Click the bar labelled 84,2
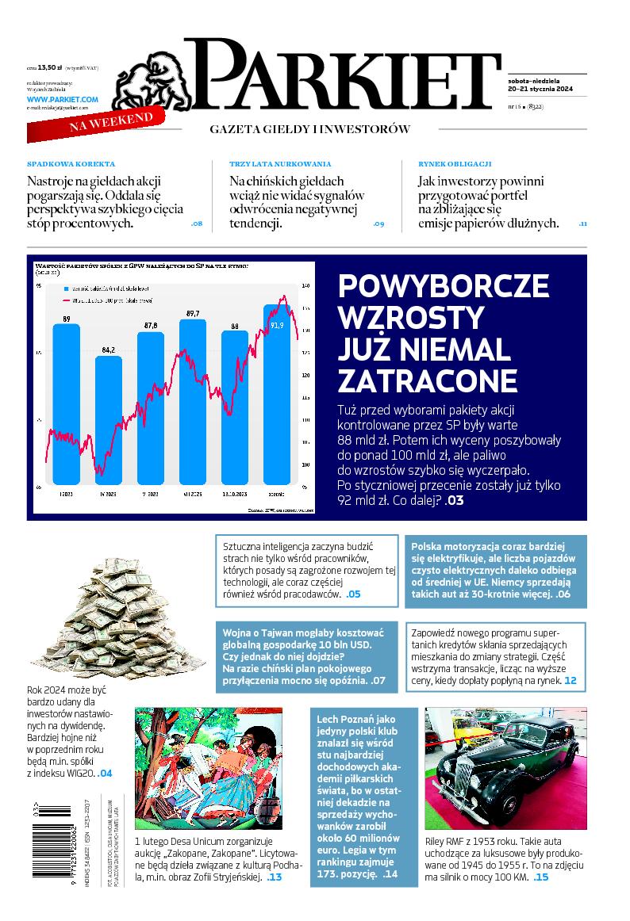pos(109,420)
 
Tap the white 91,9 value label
pos(277,324)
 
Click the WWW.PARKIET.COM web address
pos(63,99)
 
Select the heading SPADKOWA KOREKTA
pos(71,163)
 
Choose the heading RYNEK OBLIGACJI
pos(455,163)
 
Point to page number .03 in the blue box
pos(455,500)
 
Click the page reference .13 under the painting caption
pos(274,877)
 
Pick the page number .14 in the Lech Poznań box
pos(390,874)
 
